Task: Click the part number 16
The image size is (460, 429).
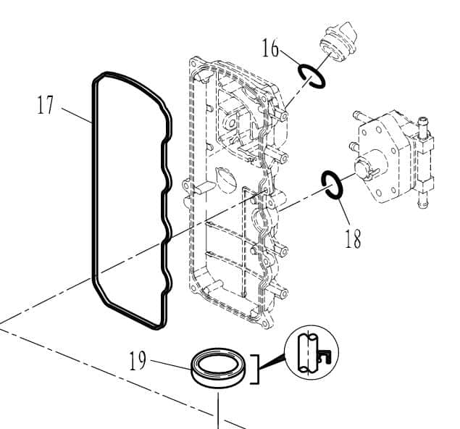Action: point(270,49)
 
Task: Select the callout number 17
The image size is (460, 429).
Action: point(46,106)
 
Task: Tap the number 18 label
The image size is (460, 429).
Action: point(353,239)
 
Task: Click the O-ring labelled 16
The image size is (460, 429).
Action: point(312,75)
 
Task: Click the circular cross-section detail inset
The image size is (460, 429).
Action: point(311,352)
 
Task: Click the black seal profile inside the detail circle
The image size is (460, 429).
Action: point(325,354)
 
